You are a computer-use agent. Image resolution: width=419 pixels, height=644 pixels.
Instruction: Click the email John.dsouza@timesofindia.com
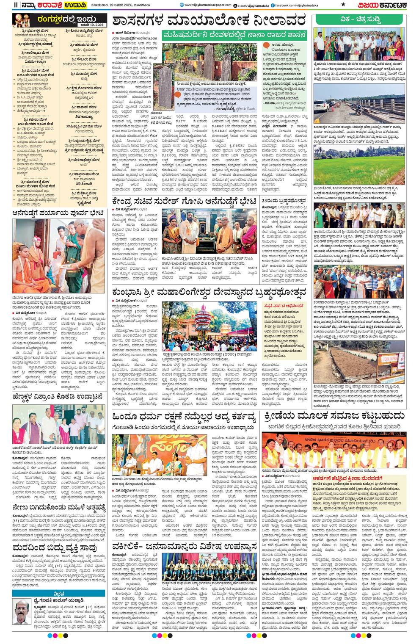pos(134,38)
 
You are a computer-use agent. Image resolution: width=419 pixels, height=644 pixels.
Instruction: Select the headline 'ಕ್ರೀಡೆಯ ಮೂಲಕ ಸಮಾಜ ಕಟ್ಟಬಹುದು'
pos(334,416)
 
